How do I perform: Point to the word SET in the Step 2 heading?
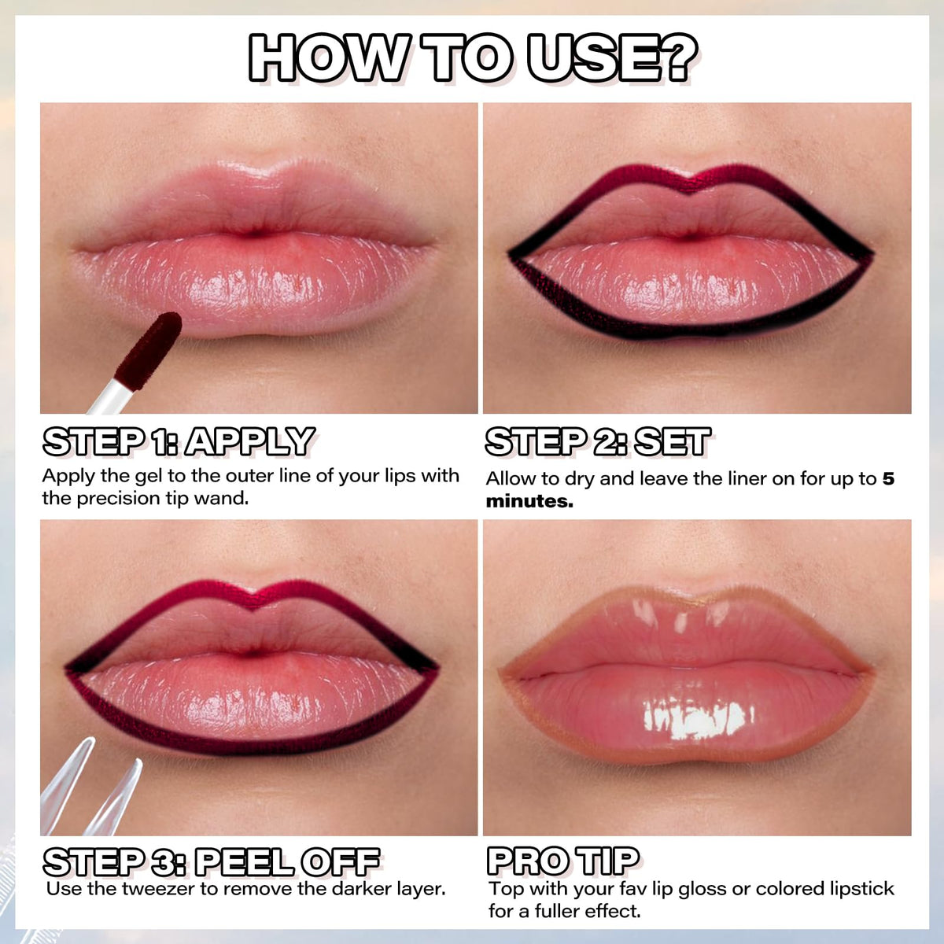click(672, 441)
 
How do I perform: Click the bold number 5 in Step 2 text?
click(888, 478)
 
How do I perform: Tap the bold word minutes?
click(529, 502)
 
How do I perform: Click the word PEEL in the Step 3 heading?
click(245, 862)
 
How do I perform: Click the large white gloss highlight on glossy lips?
click(696, 720)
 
